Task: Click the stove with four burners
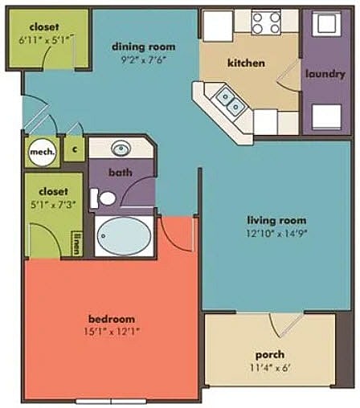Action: coord(266,22)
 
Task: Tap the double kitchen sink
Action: coord(231,101)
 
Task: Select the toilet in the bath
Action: coord(103,198)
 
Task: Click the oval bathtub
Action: coord(124,236)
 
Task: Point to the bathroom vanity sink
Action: coord(121,148)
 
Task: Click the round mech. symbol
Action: coord(43,153)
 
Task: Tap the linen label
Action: coord(77,243)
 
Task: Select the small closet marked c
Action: coord(75,149)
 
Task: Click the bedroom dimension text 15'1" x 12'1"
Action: coord(112,332)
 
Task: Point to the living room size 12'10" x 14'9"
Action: coord(276,234)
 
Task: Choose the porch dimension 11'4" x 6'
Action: coord(270,368)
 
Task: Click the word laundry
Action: coord(325,74)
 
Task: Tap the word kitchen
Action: coord(246,63)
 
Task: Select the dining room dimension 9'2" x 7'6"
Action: coord(144,59)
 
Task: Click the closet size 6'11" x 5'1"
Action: coord(46,40)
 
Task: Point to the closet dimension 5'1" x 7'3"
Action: coord(53,205)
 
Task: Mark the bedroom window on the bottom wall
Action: coord(111,402)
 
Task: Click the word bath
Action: coord(121,172)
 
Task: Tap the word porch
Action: coord(270,355)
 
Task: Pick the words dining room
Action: coord(144,47)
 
